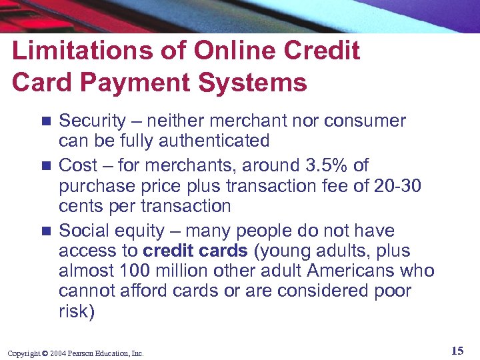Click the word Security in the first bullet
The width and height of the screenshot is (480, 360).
(92, 121)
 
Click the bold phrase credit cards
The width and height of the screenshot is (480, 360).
(194, 251)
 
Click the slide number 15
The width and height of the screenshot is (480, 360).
(457, 351)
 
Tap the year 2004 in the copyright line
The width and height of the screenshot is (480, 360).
(57, 353)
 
